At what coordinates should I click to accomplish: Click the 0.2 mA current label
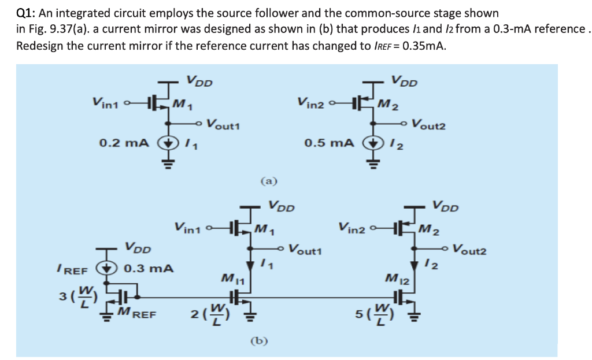(124, 142)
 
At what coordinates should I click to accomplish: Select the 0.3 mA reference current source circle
(106, 269)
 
